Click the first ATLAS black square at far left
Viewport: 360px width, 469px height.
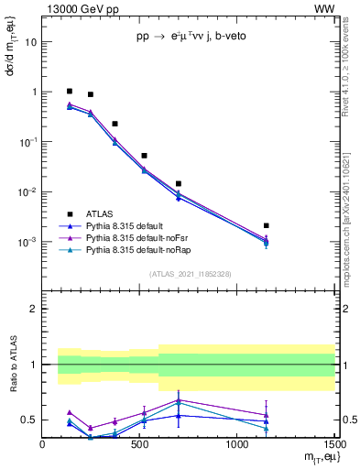[70, 92]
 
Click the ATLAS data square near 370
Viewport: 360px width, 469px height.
[115, 124]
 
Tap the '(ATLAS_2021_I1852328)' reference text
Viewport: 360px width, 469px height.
[191, 274]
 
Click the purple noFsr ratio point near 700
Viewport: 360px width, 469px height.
[179, 399]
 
